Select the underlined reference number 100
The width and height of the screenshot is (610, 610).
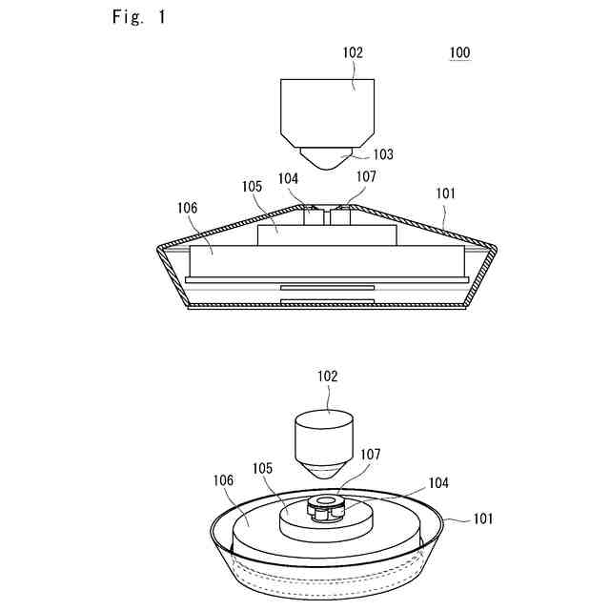[x=458, y=53]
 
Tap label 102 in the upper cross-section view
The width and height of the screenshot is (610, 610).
[x=353, y=53]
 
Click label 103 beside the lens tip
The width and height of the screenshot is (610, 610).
[x=381, y=154]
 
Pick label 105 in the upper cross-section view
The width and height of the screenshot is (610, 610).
[x=251, y=187]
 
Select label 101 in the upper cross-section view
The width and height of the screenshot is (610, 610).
[x=446, y=193]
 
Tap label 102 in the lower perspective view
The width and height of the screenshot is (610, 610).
[x=327, y=376]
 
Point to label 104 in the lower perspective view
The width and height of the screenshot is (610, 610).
[x=413, y=484]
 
